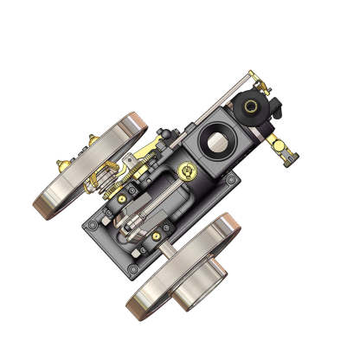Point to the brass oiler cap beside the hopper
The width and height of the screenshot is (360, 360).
(183, 169)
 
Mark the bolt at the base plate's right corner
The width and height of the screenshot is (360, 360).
(232, 180)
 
